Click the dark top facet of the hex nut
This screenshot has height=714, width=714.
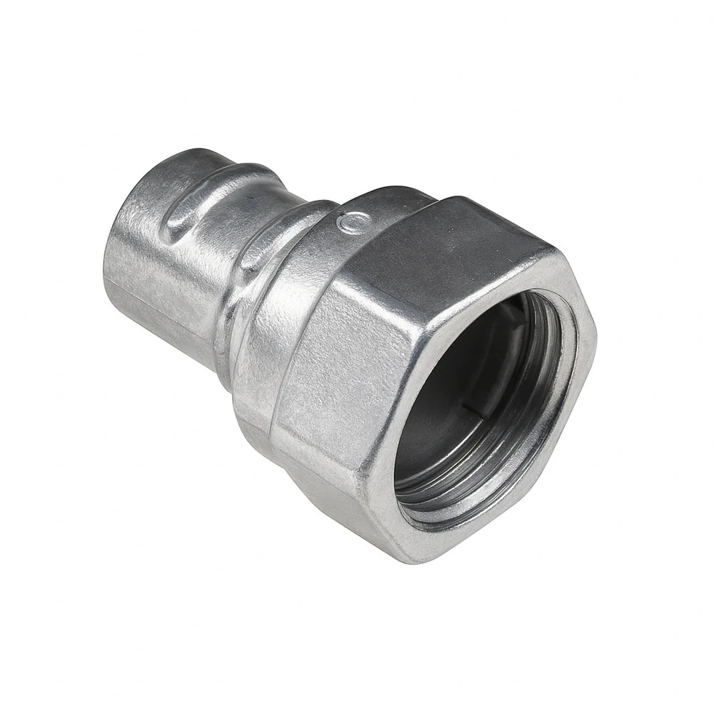pyautogui.click(x=457, y=236)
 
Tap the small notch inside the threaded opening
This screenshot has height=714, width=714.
pyautogui.click(x=465, y=406)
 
